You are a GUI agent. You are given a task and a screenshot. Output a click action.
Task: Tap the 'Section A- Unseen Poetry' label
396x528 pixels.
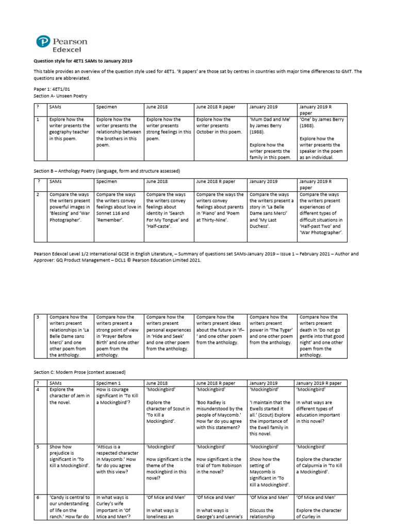click(60, 96)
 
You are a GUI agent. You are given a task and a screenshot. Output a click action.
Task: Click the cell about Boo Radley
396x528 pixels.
click(220, 412)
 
